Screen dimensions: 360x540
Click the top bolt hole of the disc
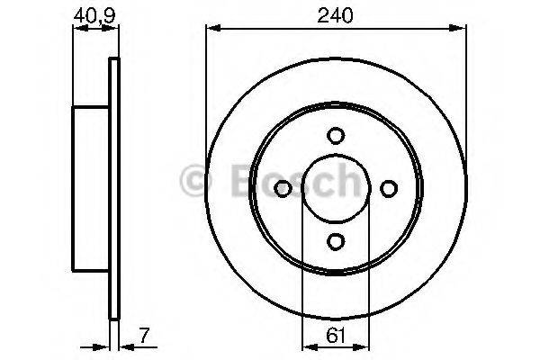tap(336, 136)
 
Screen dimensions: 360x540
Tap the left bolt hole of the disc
tap(283, 188)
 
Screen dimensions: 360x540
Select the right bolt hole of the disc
tap(389, 188)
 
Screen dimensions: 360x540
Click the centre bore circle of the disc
tap(336, 188)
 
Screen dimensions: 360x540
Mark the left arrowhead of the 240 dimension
tap(212, 29)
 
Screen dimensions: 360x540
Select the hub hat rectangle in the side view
tap(91, 188)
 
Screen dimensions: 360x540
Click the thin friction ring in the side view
tap(113, 188)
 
